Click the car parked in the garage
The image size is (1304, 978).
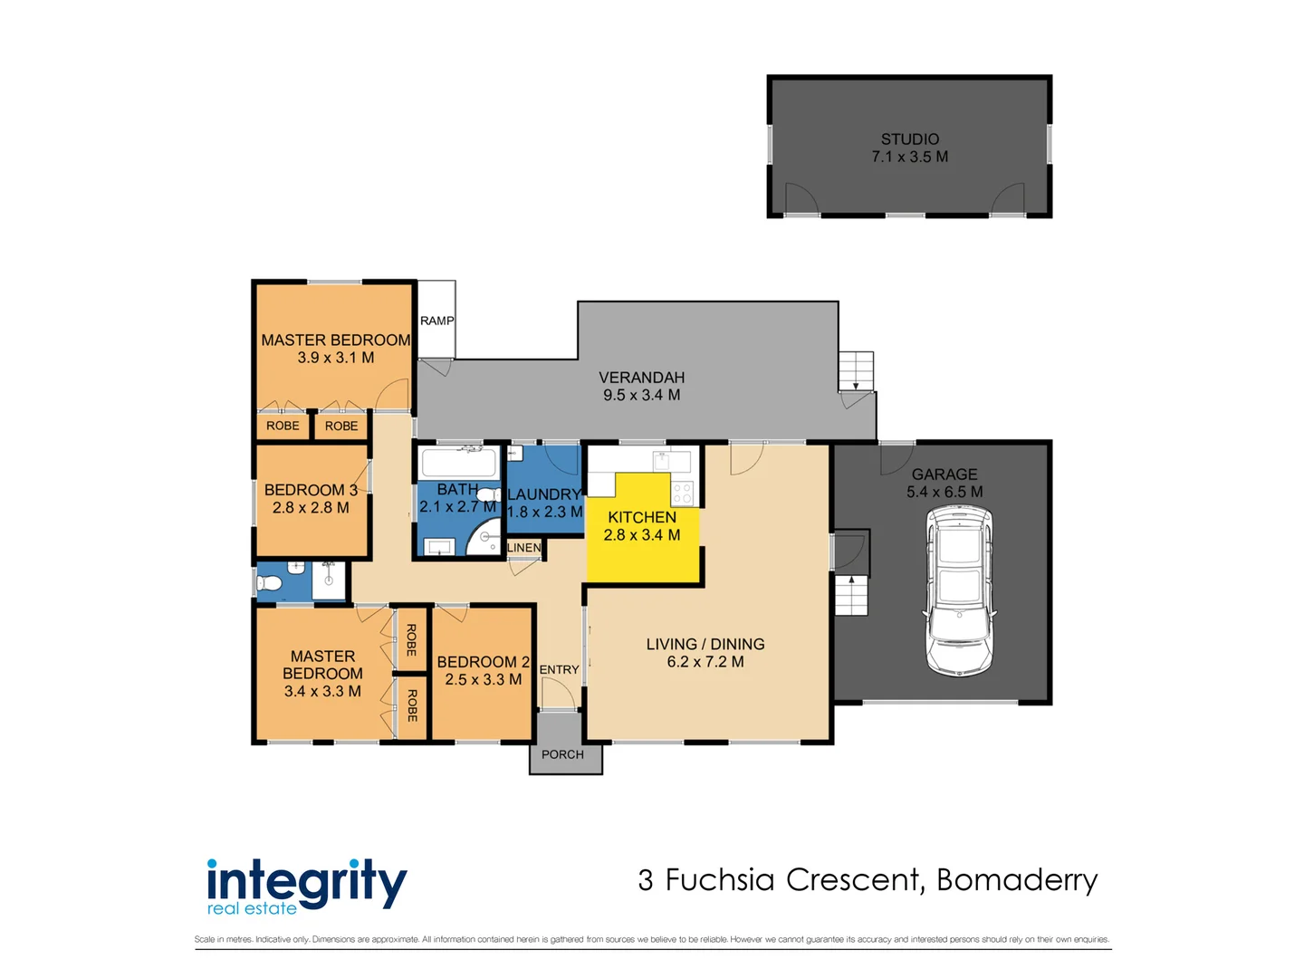[x=958, y=591]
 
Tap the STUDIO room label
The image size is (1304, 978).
[x=909, y=139]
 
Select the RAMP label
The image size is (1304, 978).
[x=436, y=321]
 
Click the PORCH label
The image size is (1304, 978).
[x=562, y=754]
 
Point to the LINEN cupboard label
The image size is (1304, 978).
[x=524, y=548]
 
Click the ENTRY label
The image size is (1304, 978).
[x=559, y=669]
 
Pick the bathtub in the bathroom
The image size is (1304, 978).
[x=458, y=463]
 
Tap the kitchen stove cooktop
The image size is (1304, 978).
[x=682, y=493]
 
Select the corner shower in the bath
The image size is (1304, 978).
[x=484, y=536]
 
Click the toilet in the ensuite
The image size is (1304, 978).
[x=269, y=584]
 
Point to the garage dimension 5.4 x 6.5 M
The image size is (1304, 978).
[x=944, y=492]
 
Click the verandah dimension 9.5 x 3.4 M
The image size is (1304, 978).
[x=642, y=395]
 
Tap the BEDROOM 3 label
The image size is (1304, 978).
[x=311, y=490]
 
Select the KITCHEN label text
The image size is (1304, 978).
[x=642, y=517]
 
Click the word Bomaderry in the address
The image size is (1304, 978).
[x=1017, y=880]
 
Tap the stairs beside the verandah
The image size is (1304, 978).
[x=856, y=371]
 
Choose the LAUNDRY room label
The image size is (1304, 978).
[x=543, y=494]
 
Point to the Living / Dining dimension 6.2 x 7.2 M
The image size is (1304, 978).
[x=705, y=661]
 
